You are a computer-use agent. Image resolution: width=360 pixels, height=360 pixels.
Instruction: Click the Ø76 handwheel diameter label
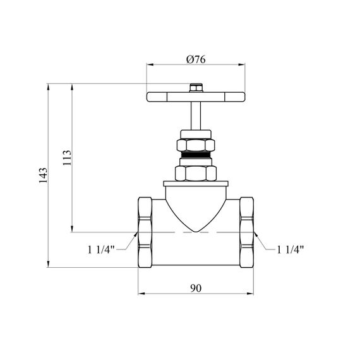click(x=196, y=59)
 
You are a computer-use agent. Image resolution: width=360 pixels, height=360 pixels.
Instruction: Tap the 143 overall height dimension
click(x=43, y=176)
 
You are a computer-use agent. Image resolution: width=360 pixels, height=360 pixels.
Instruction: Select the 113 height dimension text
click(x=67, y=157)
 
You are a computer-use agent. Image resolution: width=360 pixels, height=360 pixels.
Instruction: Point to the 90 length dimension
click(x=196, y=288)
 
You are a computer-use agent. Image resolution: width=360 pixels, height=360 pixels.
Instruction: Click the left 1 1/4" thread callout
click(x=101, y=249)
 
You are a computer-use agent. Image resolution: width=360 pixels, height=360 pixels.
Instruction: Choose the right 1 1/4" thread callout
click(x=291, y=249)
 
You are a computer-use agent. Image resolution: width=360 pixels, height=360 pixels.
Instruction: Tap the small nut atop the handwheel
click(x=196, y=88)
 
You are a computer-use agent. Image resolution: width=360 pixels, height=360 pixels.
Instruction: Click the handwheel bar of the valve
click(x=196, y=97)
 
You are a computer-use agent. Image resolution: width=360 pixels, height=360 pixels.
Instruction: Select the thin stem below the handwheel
click(x=196, y=116)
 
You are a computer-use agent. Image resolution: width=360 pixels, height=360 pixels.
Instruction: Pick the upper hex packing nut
click(x=196, y=145)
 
